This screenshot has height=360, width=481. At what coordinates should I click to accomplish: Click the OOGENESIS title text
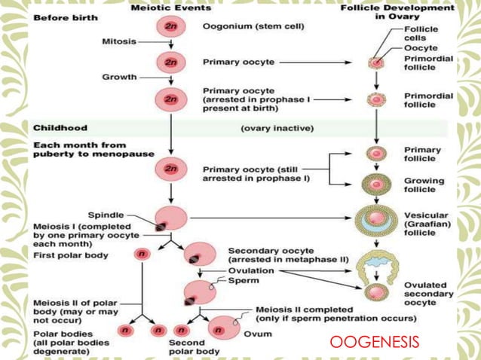click(x=375, y=343)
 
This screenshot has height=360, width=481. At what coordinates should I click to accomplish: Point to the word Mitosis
click(x=119, y=41)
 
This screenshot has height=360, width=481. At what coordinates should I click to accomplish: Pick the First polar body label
click(x=71, y=255)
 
